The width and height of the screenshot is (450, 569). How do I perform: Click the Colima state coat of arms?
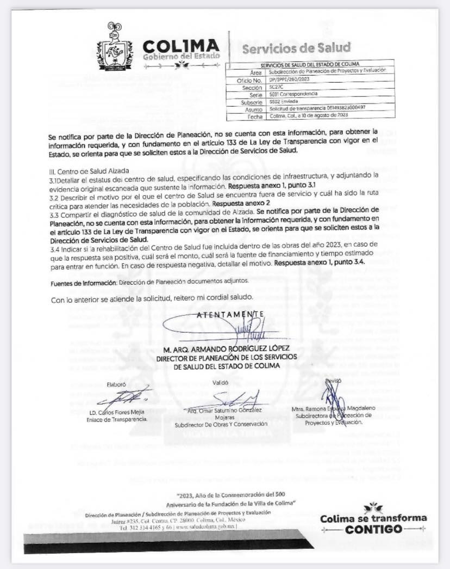point(115,48)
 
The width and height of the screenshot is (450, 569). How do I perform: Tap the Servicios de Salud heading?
point(296,48)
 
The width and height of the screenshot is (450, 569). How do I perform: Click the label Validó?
point(220,382)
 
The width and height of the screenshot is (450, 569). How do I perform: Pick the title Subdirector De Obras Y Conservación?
point(221,424)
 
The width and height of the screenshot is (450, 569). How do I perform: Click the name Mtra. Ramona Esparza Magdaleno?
point(333,409)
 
